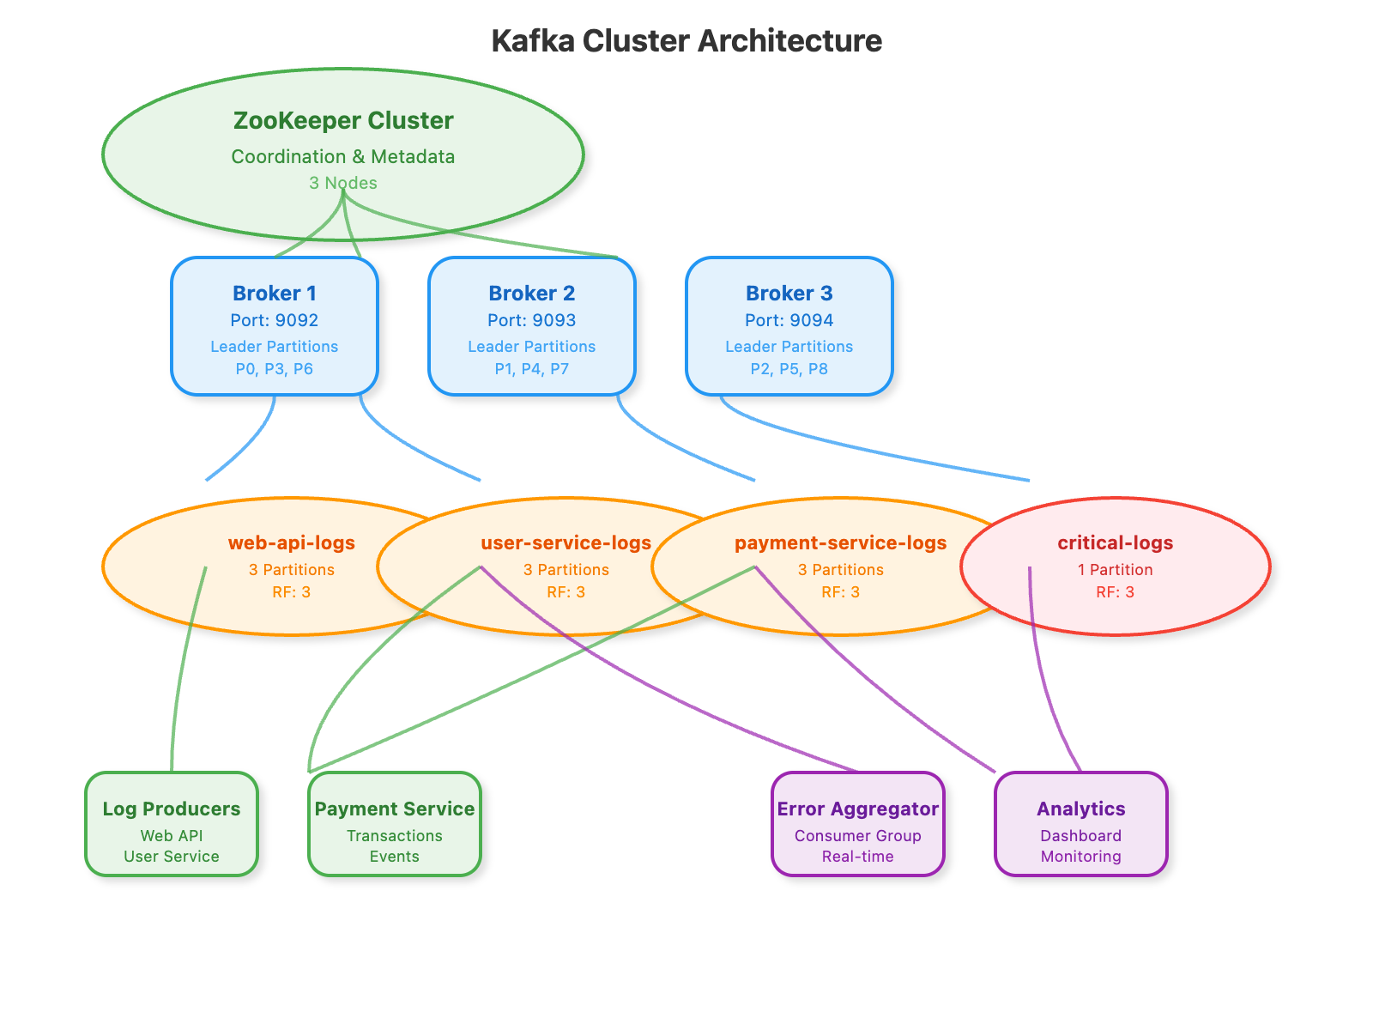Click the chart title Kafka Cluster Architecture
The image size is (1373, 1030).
(686, 41)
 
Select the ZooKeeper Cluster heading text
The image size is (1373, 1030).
(343, 121)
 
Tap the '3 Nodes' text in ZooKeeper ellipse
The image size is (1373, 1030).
(343, 183)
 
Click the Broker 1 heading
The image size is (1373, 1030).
(275, 294)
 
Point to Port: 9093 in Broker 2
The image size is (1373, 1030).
(532, 320)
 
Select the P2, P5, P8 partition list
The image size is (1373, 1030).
(789, 369)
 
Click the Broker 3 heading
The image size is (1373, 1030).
(789, 294)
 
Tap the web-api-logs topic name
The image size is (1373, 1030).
(292, 542)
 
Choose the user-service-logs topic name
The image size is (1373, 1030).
(566, 542)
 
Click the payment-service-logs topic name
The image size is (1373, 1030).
(841, 542)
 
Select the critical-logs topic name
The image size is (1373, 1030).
(1116, 542)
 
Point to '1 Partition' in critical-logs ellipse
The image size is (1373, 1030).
(1116, 569)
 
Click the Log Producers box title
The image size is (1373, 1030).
(172, 809)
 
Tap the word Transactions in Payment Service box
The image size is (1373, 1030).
(395, 835)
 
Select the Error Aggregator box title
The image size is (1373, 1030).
(858, 809)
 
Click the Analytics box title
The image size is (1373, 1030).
(1081, 809)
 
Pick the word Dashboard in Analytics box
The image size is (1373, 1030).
(1081, 835)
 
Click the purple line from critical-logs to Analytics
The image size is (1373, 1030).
(1043, 687)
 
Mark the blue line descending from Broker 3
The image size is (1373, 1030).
(858, 447)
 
